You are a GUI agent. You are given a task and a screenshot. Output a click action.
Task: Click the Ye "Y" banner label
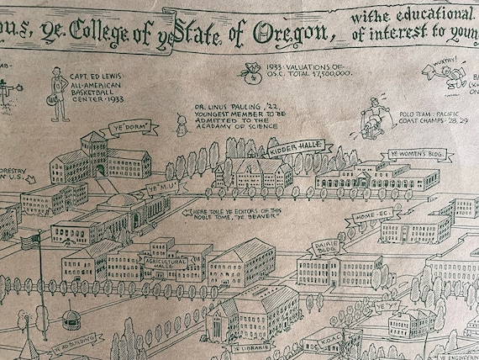(385, 310)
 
